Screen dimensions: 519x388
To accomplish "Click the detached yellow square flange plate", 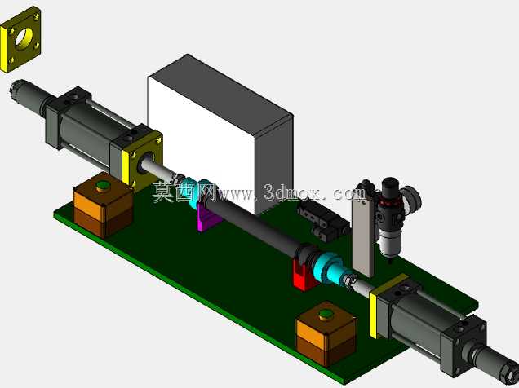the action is [20, 40].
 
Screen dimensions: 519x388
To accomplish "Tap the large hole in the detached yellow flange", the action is [24, 39].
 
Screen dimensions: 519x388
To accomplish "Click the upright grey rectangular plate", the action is [363, 234].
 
